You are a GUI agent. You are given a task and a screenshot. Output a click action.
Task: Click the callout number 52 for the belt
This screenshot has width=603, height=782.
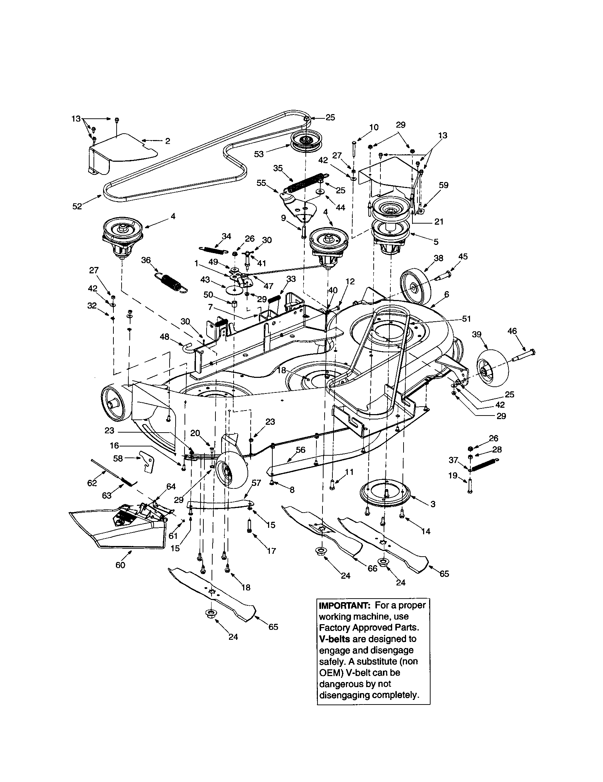(x=77, y=207)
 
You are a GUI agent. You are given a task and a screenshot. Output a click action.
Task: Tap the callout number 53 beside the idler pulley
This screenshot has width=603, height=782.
(x=258, y=154)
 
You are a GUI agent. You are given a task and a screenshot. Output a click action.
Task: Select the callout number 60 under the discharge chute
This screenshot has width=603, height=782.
(x=120, y=566)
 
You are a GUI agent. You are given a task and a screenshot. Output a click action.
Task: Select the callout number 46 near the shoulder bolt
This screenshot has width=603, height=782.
(x=512, y=331)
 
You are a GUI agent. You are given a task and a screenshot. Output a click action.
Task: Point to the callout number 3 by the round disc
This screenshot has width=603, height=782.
(x=433, y=504)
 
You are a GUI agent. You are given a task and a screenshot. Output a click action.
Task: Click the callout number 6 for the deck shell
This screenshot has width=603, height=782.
(x=446, y=294)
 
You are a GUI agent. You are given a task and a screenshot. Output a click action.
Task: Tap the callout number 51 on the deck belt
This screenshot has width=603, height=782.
(x=466, y=319)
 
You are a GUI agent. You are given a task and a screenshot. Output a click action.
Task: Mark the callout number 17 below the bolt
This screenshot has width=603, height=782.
(x=271, y=551)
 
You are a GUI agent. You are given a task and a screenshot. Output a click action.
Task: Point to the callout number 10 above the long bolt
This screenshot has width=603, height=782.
(x=373, y=127)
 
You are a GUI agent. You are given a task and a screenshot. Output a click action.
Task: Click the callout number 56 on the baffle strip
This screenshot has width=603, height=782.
(x=300, y=450)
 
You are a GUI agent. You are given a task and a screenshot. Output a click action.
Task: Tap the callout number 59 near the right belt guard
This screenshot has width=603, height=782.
(x=443, y=185)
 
